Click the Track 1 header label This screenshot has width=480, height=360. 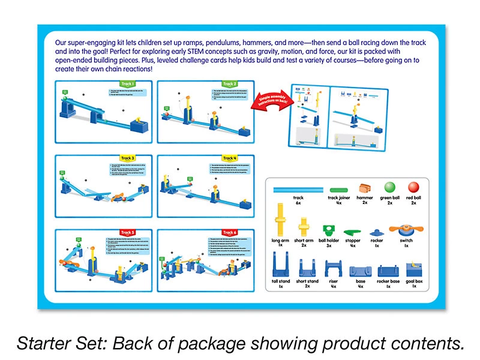click(x=127, y=84)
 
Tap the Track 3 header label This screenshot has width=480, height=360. click(x=127, y=158)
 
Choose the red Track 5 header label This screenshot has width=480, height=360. click(x=127, y=233)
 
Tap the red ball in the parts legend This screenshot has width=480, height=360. click(x=412, y=188)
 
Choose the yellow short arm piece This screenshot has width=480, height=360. click(x=304, y=227)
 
